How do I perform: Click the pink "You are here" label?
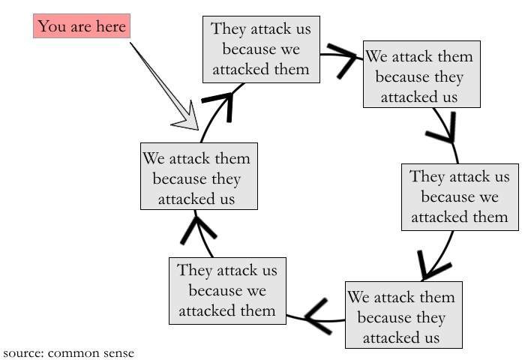(81, 28)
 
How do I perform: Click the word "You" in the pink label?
(51, 28)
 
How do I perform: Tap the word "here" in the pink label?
(110, 28)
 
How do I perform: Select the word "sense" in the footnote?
(117, 352)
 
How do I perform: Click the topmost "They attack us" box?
(260, 49)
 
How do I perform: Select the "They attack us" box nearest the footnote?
(227, 290)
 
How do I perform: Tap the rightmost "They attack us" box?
(458, 197)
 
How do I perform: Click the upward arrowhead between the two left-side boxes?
(192, 228)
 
